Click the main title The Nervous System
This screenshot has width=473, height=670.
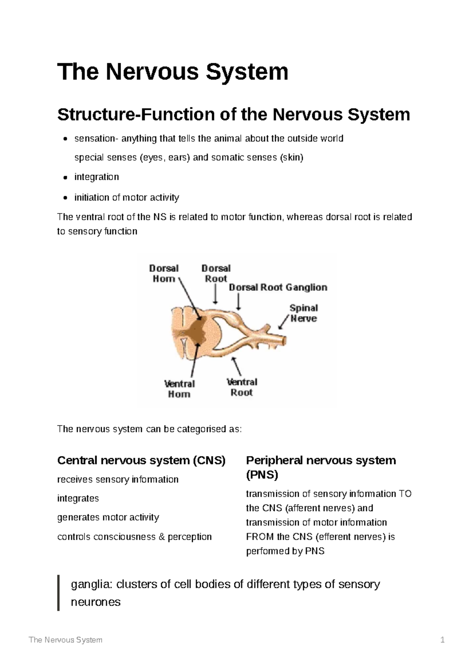click(173, 72)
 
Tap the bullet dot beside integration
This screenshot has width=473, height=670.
click(65, 178)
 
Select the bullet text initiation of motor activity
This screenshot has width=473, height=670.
click(127, 197)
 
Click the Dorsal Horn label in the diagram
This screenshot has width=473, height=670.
click(164, 273)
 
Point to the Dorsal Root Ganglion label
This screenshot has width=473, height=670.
click(278, 288)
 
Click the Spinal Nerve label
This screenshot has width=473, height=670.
click(304, 313)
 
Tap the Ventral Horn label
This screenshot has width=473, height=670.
click(179, 389)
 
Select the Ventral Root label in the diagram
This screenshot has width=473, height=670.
click(242, 387)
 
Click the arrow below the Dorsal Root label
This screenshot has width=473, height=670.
click(215, 294)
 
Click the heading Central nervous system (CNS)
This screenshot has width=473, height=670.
click(141, 460)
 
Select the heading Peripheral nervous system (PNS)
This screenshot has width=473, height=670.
click(320, 467)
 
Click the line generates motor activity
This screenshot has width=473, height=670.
click(108, 517)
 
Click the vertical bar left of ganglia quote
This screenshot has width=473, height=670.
click(59, 593)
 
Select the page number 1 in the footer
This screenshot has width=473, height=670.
click(443, 640)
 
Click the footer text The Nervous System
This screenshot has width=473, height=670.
click(65, 640)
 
